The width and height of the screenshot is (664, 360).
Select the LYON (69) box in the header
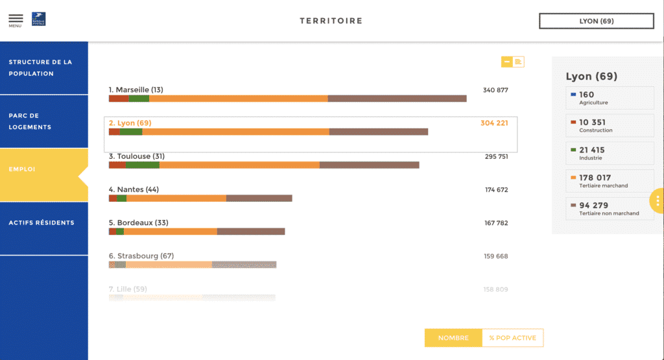596,21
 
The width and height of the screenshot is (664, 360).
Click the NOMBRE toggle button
453,338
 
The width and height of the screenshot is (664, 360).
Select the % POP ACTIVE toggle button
512,338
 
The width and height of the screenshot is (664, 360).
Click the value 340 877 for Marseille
495,90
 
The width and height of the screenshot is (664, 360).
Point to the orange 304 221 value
494,123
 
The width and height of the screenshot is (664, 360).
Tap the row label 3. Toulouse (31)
137,156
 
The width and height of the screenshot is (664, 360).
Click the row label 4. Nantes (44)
134,189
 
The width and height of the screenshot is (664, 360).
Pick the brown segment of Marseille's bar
397,99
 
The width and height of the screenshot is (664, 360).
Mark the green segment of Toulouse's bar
142,165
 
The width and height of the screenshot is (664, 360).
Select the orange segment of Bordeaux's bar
170,232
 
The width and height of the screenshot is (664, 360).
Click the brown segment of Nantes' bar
259,198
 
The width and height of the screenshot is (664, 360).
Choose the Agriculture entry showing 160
610,98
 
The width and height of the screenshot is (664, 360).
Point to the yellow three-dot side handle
658,201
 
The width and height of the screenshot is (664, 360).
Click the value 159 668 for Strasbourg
495,256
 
